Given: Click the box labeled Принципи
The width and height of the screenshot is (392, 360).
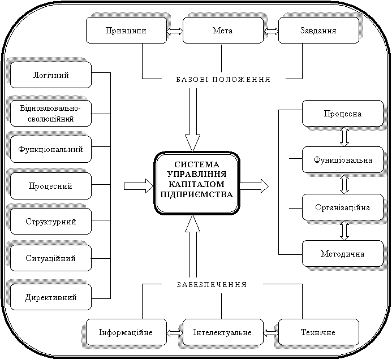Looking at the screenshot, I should coord(126,31).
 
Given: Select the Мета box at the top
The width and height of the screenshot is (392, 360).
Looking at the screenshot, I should coord(221,31).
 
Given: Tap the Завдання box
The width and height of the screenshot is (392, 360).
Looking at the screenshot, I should coord(318,31).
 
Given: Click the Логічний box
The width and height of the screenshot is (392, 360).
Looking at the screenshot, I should coord(50,75).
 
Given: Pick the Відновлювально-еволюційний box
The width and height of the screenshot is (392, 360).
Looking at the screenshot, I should coord(50,114).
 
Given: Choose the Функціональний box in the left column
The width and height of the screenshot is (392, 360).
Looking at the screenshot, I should coord(50,150).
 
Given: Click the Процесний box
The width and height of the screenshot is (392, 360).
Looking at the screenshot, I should coord(50,186).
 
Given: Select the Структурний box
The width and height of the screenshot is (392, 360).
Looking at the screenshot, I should coord(50,222).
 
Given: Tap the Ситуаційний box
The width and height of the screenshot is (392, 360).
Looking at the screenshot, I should coord(50,258).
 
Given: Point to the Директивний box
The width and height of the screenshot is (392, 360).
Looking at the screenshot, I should coord(50,297).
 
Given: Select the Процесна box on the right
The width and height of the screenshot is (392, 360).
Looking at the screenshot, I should coord(343,114).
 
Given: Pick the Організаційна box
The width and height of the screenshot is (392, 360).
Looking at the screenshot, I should coord(343,207).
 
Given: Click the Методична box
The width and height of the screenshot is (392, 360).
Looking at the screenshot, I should coord(343,254).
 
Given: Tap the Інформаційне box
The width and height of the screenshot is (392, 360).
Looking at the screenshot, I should coord(126,332).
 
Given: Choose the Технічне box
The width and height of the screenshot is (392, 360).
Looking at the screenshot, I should coord(318,332).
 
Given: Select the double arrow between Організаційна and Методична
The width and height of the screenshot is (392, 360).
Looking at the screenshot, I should coord(344,231).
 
